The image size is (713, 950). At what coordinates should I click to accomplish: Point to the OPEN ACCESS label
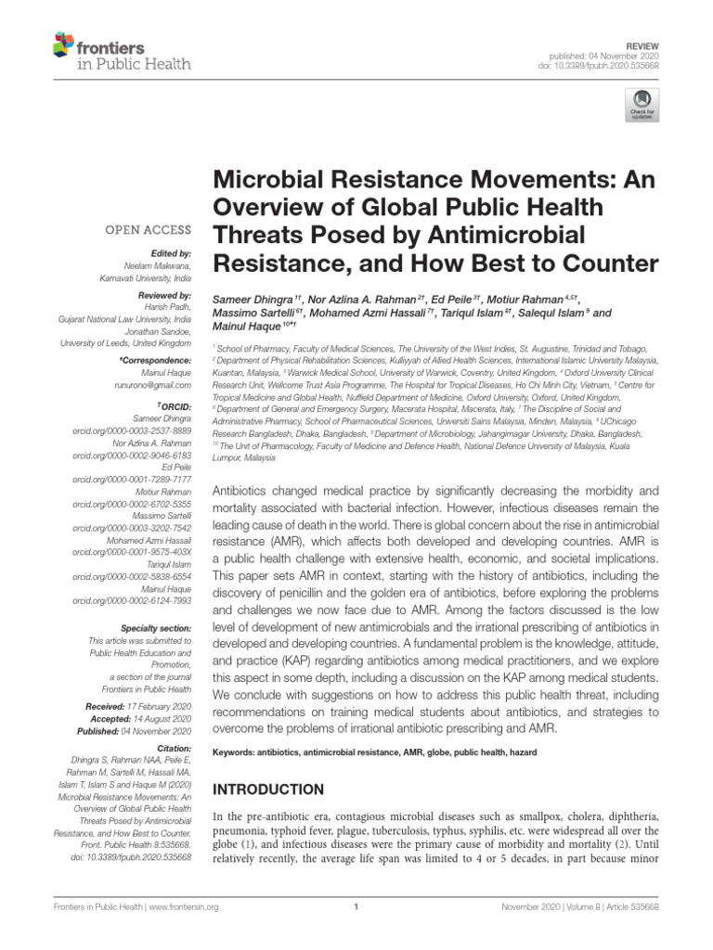[x=149, y=229]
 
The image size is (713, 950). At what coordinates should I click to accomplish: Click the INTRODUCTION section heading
[x=269, y=790]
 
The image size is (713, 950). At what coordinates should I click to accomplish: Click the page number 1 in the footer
[x=356, y=908]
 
